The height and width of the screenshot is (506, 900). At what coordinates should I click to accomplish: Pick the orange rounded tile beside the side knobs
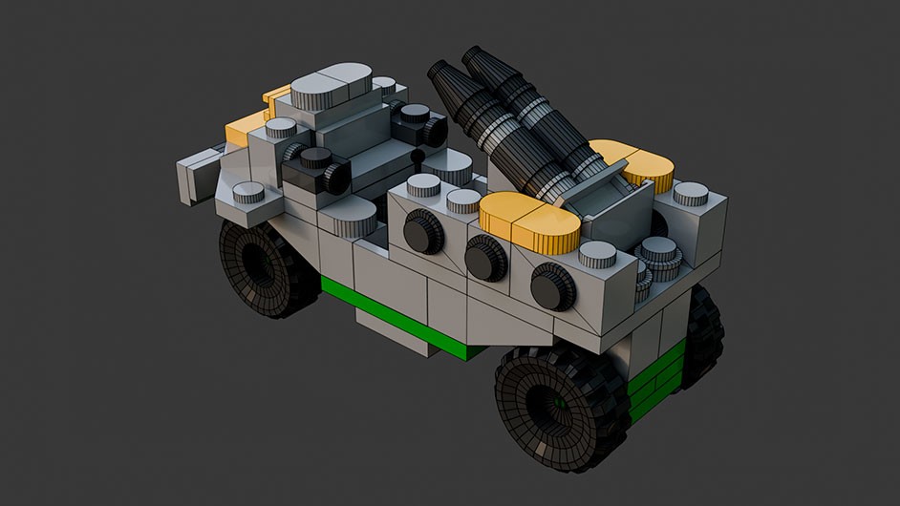click(x=531, y=223)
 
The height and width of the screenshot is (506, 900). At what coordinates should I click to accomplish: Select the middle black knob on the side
click(x=486, y=258)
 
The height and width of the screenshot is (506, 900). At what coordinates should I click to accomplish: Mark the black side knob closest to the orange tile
click(x=551, y=285)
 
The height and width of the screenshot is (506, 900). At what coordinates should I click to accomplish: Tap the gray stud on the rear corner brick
click(x=690, y=194)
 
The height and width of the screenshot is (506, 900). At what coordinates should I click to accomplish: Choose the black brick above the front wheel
click(x=315, y=172)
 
